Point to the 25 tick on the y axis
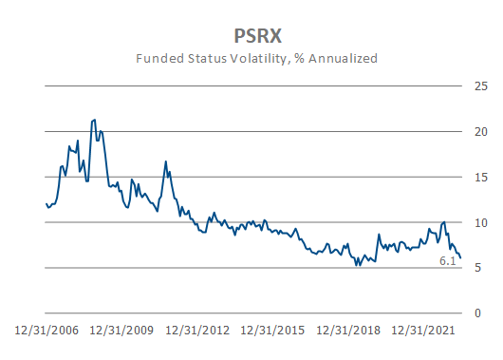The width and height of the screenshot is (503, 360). click(481, 86)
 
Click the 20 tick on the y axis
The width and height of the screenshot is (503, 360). click(481, 132)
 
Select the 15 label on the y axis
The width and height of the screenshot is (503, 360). click(481, 177)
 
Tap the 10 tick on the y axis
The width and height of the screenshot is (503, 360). click(481, 222)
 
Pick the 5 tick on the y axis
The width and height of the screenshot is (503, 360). click(481, 268)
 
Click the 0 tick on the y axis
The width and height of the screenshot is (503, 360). click(481, 313)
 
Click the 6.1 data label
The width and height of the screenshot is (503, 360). click(448, 260)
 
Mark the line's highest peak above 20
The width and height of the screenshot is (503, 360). click(93, 120)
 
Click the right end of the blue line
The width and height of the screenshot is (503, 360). click(461, 257)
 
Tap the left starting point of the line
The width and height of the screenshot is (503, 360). click(46, 203)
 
